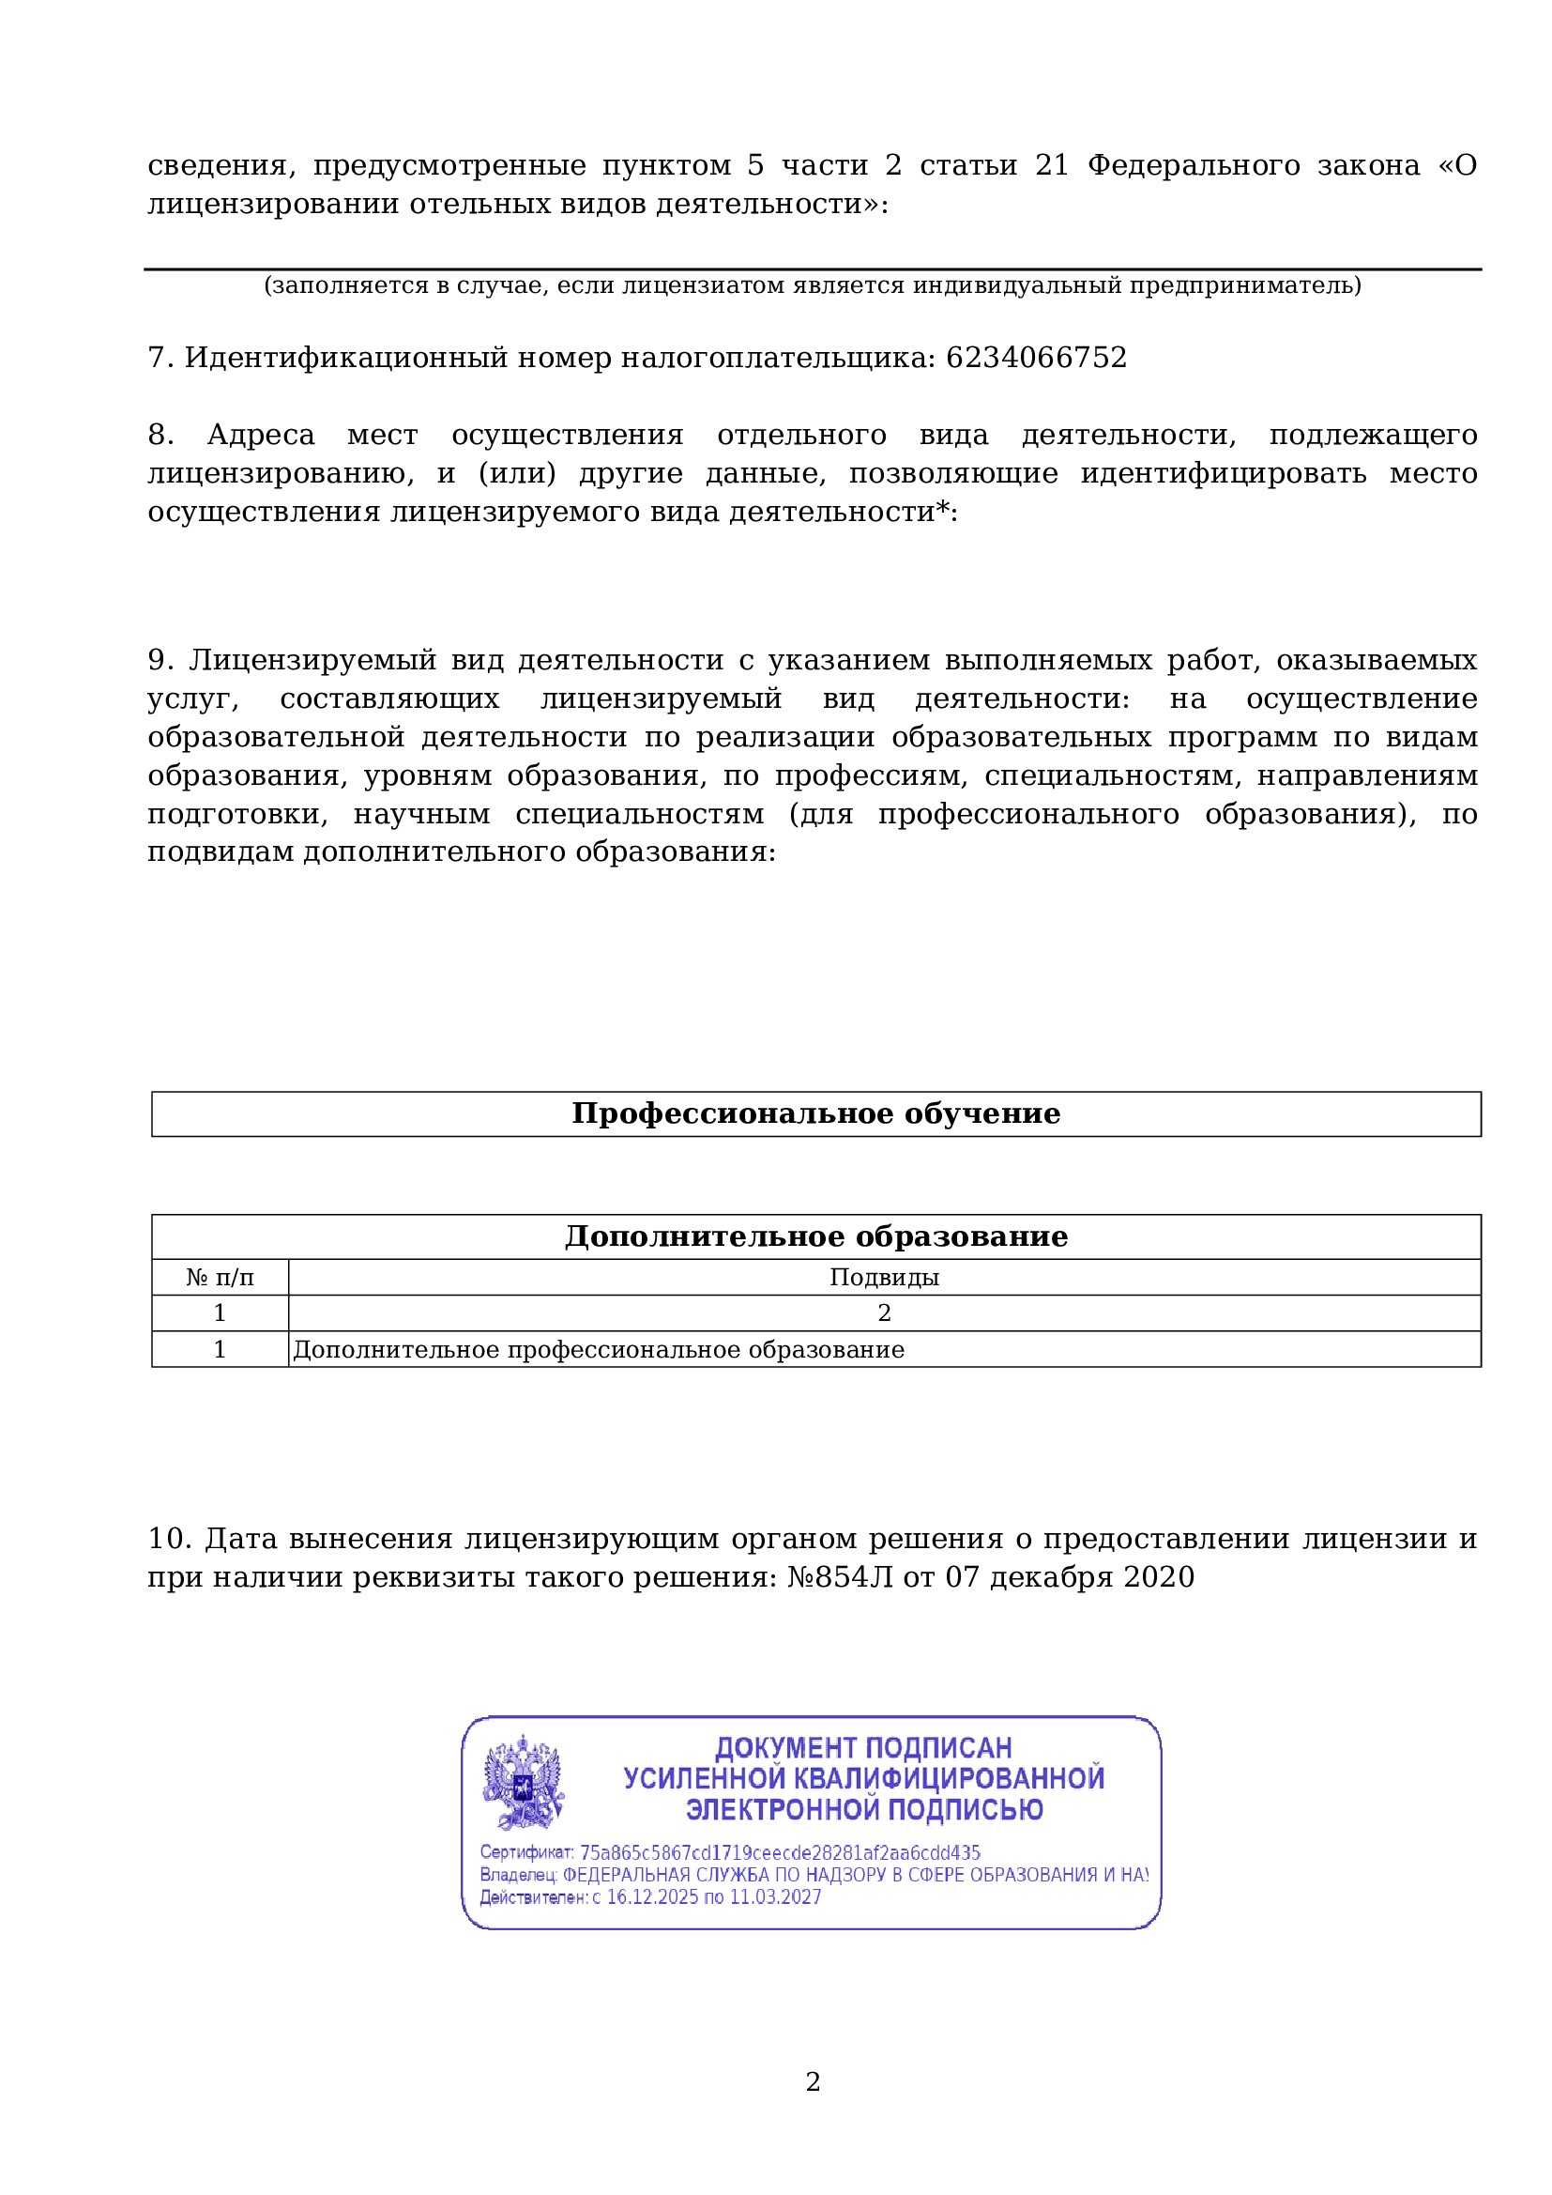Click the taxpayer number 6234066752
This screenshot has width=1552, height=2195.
pos(1036,358)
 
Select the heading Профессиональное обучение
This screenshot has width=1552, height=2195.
pos(815,1113)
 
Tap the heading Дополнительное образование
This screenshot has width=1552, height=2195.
pos(815,1236)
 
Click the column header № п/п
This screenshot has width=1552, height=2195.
pos(220,1277)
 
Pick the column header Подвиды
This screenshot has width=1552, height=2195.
pos(884,1277)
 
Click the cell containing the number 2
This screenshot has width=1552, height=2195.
pos(884,1312)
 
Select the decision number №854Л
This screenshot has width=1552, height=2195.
pos(840,1576)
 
